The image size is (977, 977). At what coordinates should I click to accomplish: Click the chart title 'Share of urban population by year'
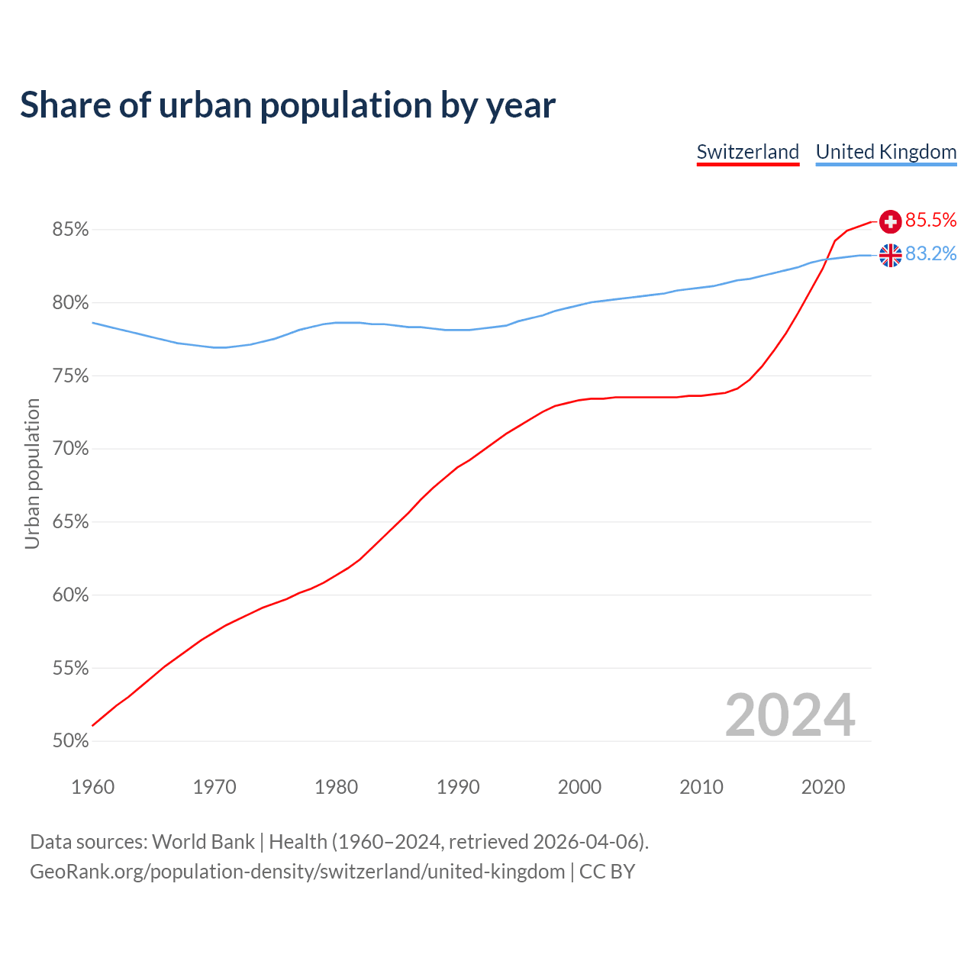(288, 105)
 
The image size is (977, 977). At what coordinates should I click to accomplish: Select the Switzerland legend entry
(747, 152)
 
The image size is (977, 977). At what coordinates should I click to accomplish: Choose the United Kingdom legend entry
(885, 152)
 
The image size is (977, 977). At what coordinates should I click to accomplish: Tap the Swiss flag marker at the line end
(890, 221)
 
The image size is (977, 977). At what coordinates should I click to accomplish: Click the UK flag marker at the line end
(890, 255)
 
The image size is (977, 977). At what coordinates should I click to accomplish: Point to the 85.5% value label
(930, 221)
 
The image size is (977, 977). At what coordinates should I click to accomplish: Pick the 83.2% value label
(930, 254)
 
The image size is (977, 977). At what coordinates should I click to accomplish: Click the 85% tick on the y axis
(70, 230)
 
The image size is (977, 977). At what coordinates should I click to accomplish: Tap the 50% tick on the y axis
(70, 741)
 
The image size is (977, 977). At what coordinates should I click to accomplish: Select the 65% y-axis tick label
(70, 522)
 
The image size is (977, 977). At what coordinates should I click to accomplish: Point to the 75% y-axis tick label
(70, 376)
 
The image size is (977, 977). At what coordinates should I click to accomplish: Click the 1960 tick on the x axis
(92, 787)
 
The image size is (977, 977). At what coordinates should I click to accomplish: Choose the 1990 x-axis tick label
(458, 787)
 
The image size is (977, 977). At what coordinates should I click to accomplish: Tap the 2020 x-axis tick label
(823, 787)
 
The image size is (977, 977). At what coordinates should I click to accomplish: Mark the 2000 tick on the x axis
(579, 787)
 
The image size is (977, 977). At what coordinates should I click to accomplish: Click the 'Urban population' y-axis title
(32, 474)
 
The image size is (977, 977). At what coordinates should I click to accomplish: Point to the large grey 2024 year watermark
(790, 715)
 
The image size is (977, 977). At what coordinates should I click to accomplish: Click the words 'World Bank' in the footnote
(203, 842)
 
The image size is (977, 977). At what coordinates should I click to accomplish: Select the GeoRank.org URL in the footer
(298, 872)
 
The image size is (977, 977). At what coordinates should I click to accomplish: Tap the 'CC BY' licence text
(607, 872)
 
